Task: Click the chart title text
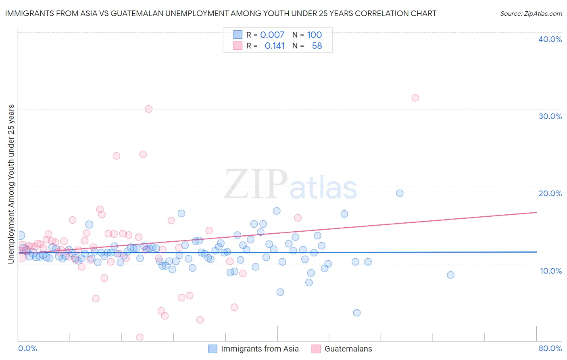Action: click(x=221, y=13)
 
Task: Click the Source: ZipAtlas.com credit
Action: click(x=531, y=13)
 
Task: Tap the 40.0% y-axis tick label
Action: click(x=550, y=39)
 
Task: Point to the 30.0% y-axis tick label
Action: click(x=550, y=116)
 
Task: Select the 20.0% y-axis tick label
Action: click(x=550, y=193)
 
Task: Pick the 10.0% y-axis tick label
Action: click(x=551, y=271)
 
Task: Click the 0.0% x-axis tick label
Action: click(x=28, y=348)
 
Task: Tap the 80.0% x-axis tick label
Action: click(x=550, y=348)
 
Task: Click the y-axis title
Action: click(x=11, y=184)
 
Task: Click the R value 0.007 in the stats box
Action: click(x=272, y=35)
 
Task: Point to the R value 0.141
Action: click(x=275, y=46)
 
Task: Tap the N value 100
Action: click(x=314, y=35)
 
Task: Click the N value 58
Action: click(x=317, y=46)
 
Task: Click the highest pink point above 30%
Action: click(x=415, y=98)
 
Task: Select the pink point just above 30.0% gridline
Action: click(x=149, y=109)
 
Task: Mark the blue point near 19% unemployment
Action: click(x=400, y=193)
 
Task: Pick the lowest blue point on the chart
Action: click(x=356, y=313)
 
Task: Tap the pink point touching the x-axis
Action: click(x=140, y=337)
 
